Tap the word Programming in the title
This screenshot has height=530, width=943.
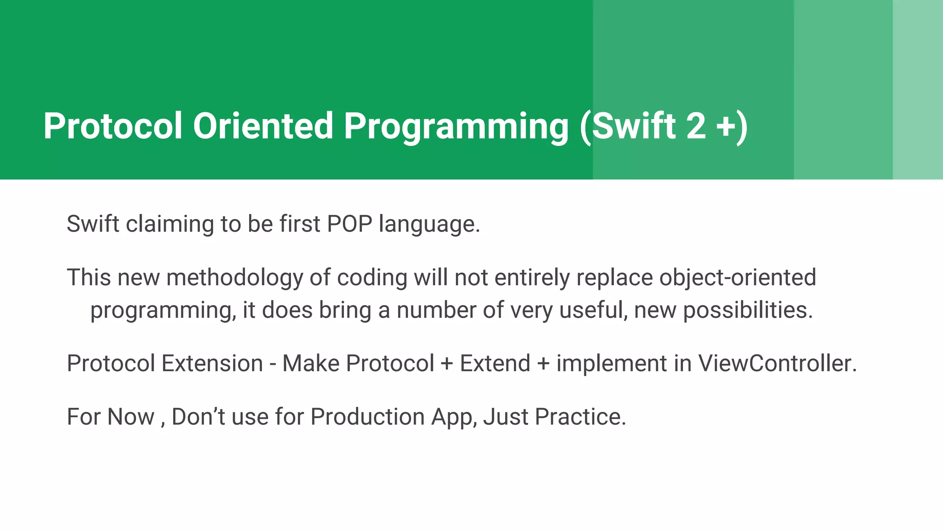coord(456,127)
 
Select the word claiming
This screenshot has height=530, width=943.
coord(169,225)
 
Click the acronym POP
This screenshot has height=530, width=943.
coord(349,224)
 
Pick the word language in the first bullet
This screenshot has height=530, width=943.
coord(429,225)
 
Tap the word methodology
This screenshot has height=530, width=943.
coord(234,278)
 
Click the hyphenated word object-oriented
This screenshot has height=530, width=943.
coord(737,278)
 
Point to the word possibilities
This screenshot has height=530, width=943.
coord(748,310)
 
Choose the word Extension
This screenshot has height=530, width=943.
coord(212,363)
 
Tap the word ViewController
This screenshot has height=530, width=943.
coord(777,363)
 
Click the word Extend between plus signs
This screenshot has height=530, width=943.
coord(495,363)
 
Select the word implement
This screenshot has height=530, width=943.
coord(611,363)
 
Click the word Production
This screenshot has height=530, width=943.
coord(367,417)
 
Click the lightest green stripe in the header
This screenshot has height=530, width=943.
coord(918,90)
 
